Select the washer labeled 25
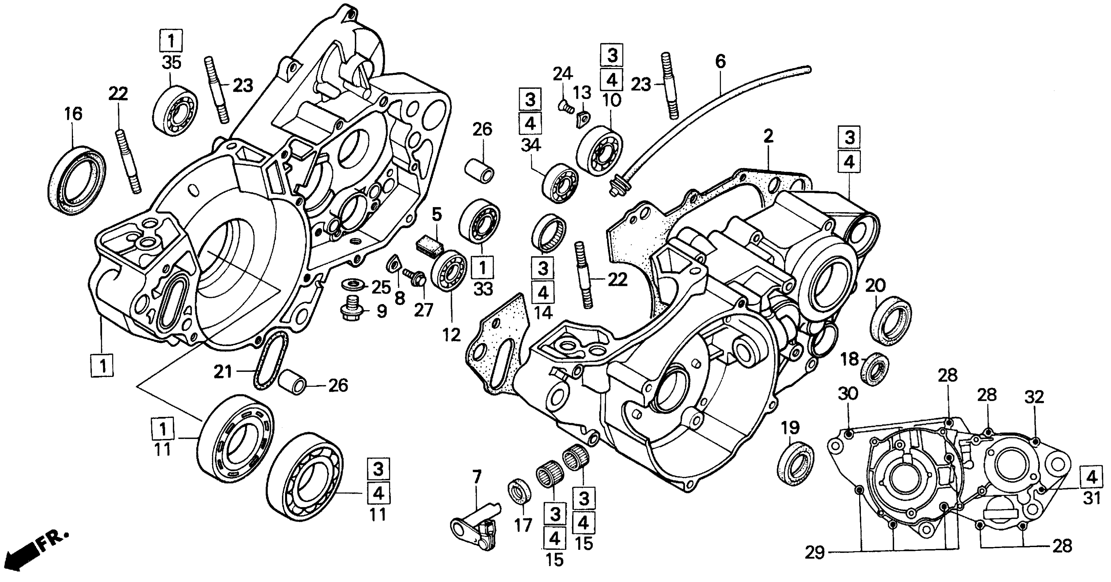pyautogui.click(x=351, y=285)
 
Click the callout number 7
pyautogui.click(x=476, y=478)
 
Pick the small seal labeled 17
pyautogui.click(x=520, y=491)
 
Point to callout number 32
pyautogui.click(x=1034, y=397)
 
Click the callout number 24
pyautogui.click(x=563, y=74)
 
